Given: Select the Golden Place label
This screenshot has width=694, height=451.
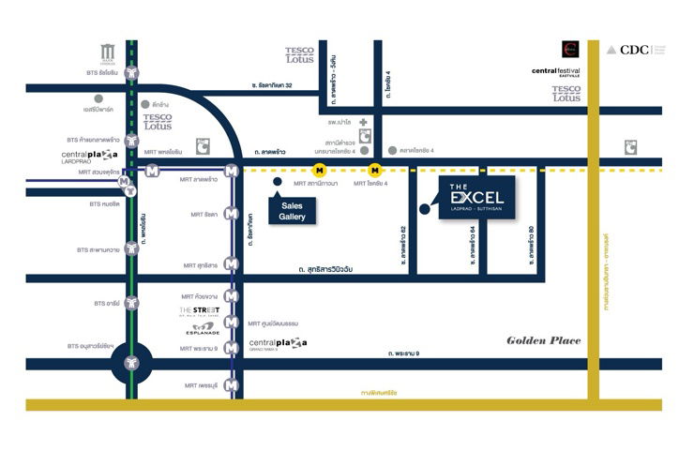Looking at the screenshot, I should point(544,340).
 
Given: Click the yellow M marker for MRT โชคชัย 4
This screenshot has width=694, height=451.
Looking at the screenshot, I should point(375,171).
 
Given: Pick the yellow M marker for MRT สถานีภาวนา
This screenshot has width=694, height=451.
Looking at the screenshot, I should point(320,171).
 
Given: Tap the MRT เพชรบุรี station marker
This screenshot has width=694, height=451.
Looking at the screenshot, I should point(231,384).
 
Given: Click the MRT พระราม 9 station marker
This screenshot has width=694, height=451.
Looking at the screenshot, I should point(231,348).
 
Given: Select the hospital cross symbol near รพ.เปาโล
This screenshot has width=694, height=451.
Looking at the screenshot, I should point(362,122).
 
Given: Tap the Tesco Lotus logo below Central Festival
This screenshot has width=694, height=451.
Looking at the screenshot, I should point(566,94).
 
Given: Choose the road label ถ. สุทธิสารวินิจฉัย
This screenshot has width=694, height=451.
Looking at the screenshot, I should point(337,269).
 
